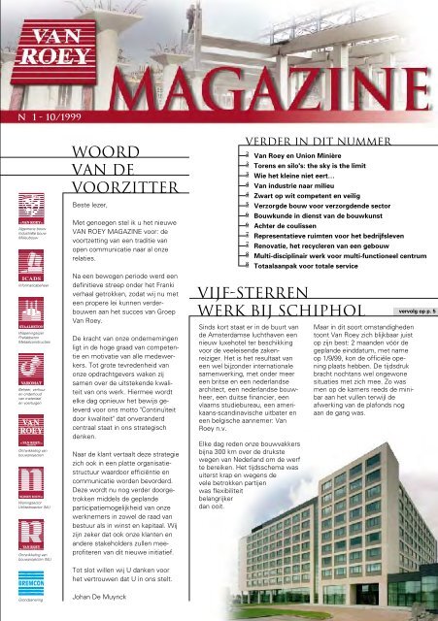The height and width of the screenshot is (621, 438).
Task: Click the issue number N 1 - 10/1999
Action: click(x=43, y=125)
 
